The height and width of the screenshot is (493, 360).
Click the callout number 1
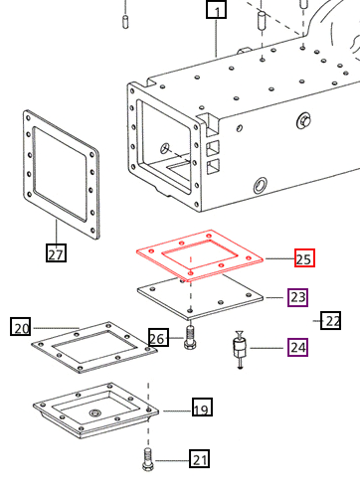pos(216,12)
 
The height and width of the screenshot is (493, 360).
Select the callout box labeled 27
pos(57,253)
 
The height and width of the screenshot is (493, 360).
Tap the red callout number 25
pos(304,259)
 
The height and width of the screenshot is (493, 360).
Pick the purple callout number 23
pos(297,297)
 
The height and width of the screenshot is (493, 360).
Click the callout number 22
pos(331,319)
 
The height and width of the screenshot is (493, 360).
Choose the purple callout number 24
pos(297,348)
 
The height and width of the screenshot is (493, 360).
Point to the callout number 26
pos(158,338)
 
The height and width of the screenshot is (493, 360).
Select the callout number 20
pos(21,327)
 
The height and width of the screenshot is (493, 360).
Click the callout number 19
pos(200,408)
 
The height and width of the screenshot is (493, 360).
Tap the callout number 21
pos(200,459)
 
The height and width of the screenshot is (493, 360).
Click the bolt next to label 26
pos(189,337)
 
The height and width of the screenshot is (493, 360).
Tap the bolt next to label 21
pos(148,460)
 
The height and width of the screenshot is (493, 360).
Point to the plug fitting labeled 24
pos(239,350)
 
